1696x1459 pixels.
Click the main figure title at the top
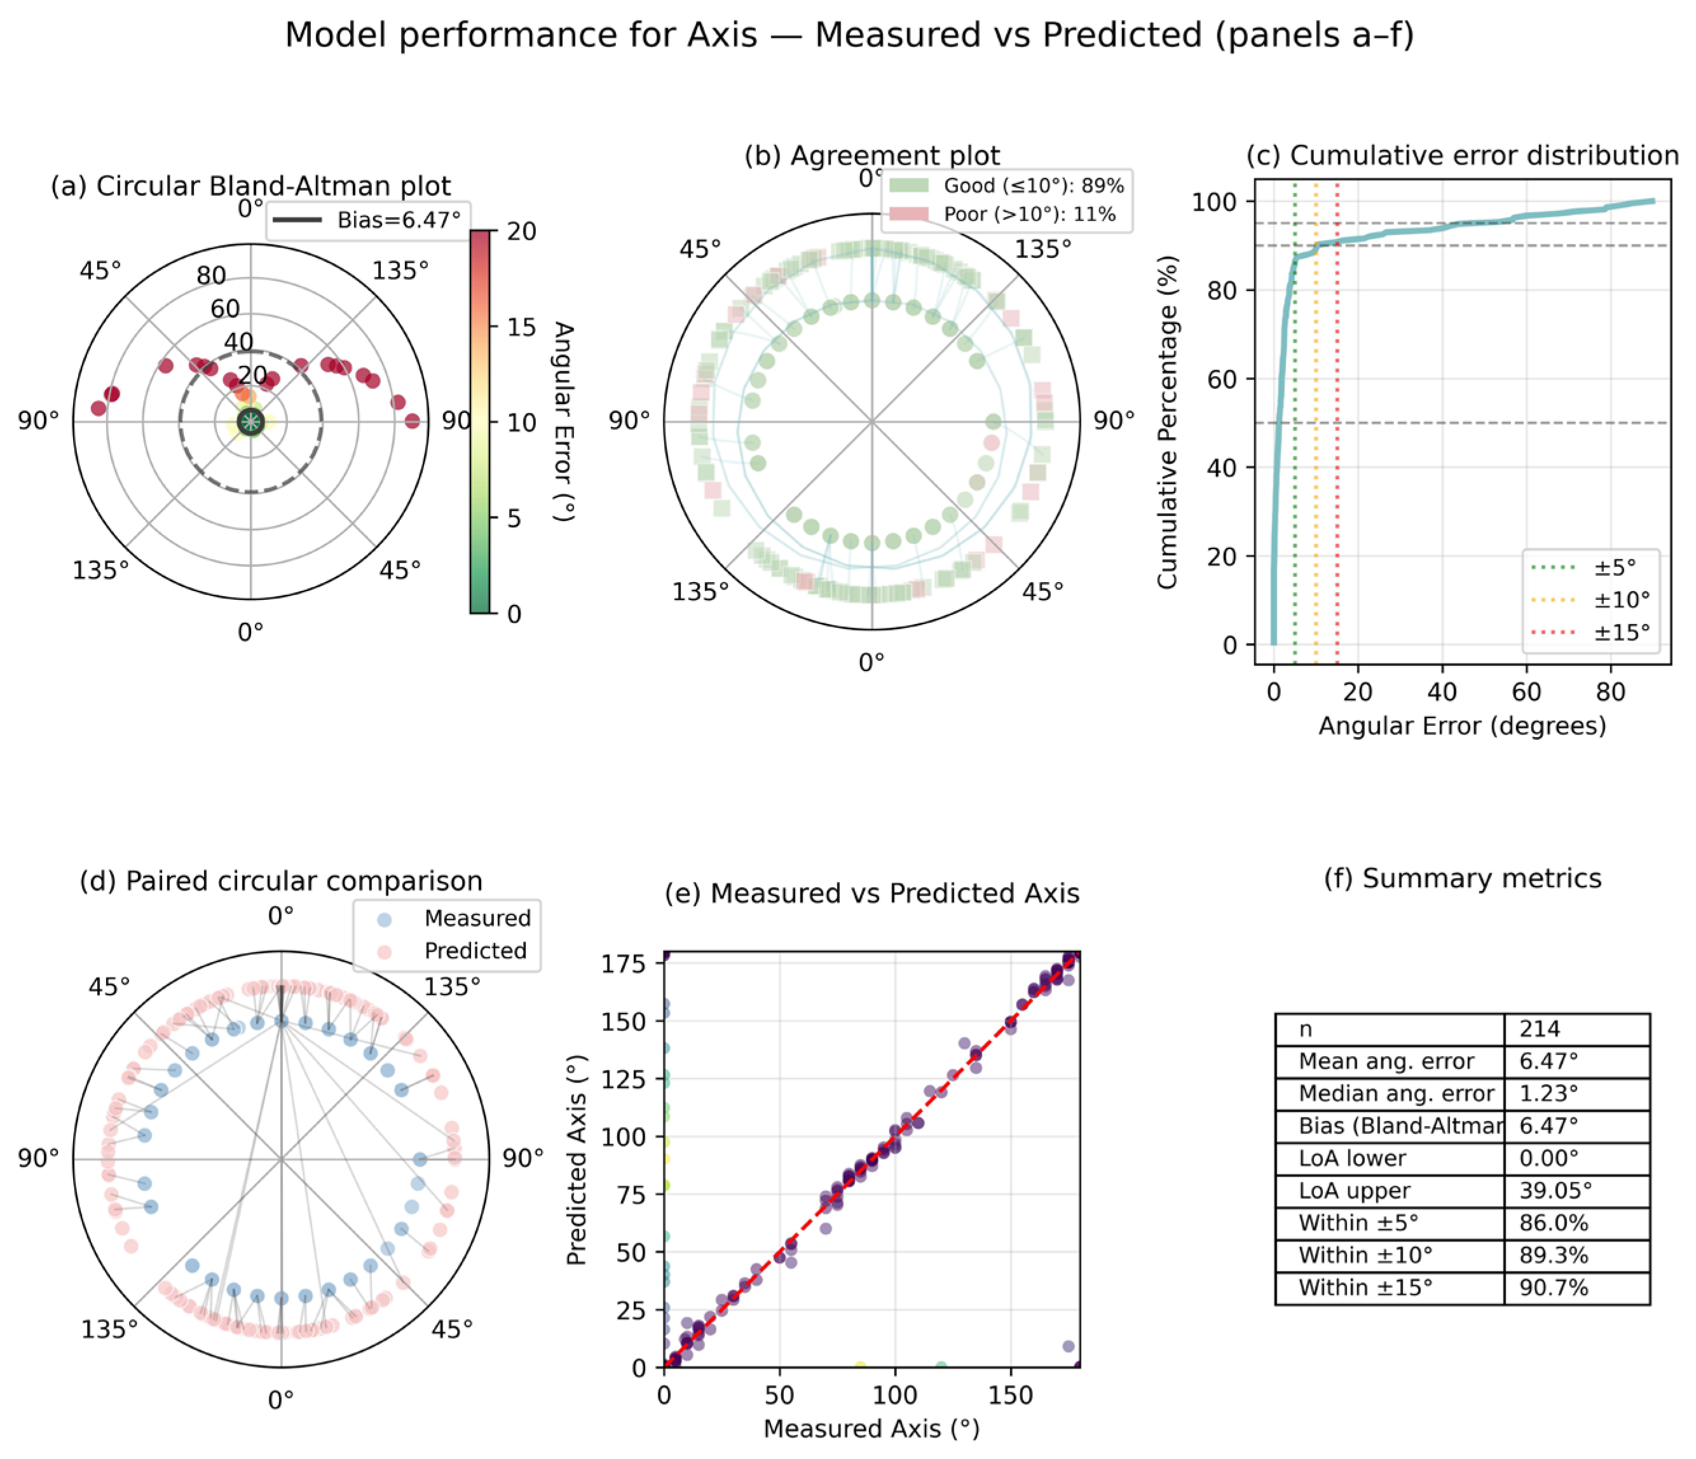click(849, 35)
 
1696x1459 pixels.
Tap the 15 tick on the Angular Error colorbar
click(521, 327)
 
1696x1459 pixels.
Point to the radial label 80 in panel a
click(211, 276)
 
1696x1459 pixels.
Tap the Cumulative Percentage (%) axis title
click(1166, 421)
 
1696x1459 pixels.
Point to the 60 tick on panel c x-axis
click(1526, 692)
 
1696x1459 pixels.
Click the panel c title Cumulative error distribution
click(1462, 156)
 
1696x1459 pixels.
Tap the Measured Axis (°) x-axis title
click(871, 1428)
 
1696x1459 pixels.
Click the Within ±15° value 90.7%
click(1554, 1288)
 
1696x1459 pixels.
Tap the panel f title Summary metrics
click(1462, 879)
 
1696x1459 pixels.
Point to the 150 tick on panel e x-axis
click(1010, 1395)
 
